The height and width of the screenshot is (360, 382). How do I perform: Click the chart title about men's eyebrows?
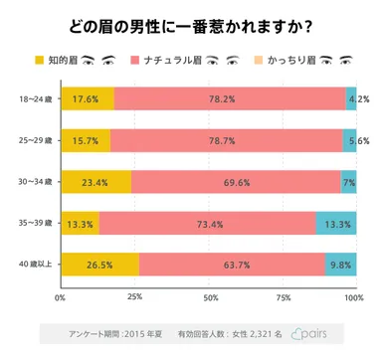(191, 23)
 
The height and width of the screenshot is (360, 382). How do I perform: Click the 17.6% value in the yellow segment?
(86, 98)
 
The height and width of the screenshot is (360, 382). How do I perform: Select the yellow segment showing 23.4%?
(95, 182)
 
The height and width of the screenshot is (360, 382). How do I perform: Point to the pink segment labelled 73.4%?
(207, 224)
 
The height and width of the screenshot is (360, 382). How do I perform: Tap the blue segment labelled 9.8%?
(341, 266)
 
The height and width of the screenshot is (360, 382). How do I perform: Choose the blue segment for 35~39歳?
(336, 224)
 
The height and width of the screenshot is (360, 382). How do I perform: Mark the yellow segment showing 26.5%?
(99, 266)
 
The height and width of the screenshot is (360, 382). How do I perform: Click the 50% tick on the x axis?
(210, 297)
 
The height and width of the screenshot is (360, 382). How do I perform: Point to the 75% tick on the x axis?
(284, 297)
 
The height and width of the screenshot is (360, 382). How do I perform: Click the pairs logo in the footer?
(312, 334)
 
